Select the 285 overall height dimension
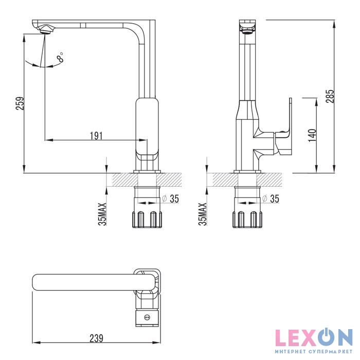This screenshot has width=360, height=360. [330, 96]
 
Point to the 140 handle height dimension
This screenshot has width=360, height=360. [312, 134]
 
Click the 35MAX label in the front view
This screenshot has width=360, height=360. [102, 214]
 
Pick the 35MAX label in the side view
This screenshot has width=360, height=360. [203, 214]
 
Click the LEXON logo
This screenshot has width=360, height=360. [313, 338]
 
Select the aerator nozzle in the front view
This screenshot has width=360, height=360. [45, 30]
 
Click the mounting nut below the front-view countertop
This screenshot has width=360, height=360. [148, 219]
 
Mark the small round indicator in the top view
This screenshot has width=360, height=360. [148, 318]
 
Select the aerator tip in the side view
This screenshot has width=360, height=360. [247, 29]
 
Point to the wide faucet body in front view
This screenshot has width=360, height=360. [147, 129]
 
